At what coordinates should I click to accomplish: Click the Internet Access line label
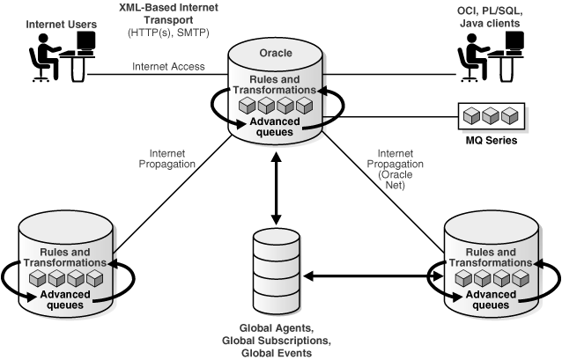pyautogui.click(x=167, y=67)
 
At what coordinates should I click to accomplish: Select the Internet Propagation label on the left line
pyautogui.click(x=160, y=158)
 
